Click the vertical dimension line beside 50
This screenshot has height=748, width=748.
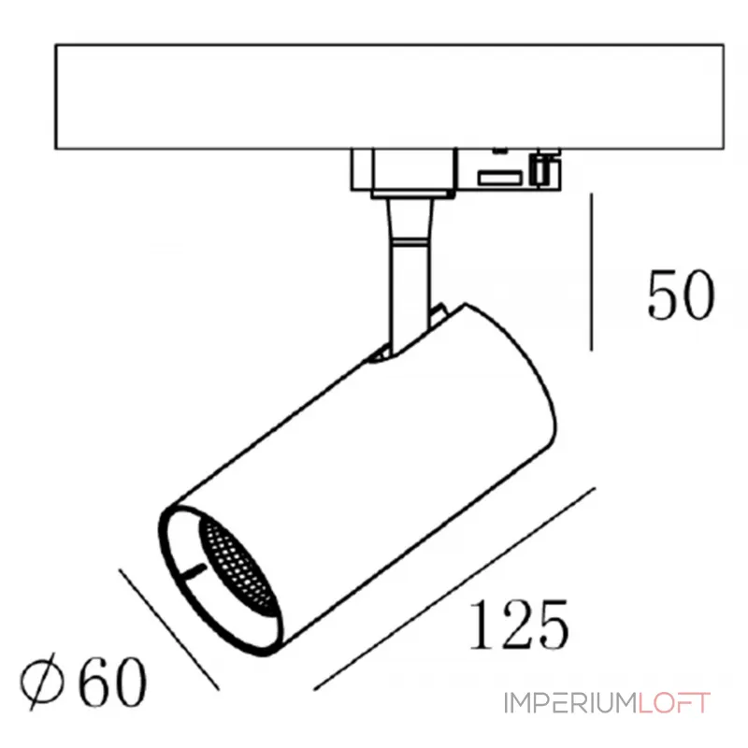(x=592, y=271)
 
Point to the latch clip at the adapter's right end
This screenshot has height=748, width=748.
(x=543, y=169)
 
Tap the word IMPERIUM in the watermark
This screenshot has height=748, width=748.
(x=569, y=703)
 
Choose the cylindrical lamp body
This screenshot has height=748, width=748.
(x=365, y=467)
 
